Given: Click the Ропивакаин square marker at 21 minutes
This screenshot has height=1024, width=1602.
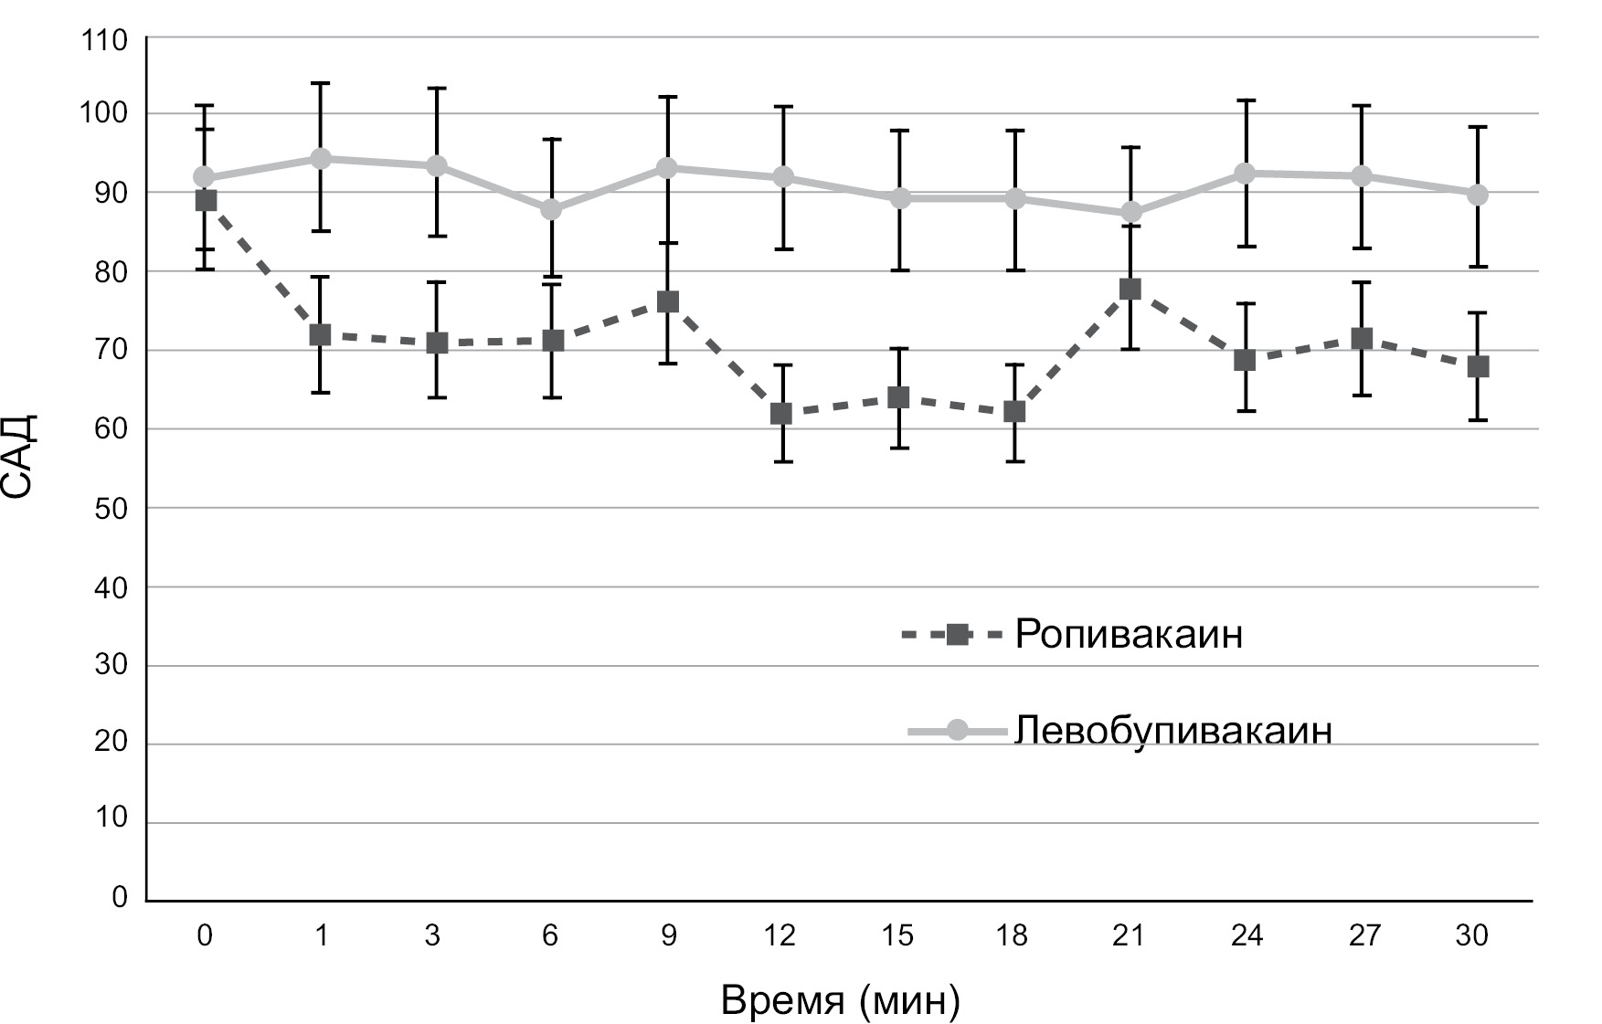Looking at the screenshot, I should [1130, 290].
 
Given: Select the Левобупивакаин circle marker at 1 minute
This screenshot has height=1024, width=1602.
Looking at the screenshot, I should [321, 158].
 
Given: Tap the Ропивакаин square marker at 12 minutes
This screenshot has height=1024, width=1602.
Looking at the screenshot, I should [782, 414].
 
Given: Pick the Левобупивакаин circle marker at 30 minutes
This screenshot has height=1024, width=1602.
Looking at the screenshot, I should [1477, 195].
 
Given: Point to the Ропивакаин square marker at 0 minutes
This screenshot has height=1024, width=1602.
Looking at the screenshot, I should [206, 200].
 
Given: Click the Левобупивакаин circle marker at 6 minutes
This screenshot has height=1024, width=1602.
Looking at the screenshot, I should [551, 209].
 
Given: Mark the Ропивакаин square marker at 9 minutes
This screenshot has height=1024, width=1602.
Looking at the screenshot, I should [667, 302].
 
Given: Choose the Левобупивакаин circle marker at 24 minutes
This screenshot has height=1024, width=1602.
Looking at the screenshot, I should [1245, 173].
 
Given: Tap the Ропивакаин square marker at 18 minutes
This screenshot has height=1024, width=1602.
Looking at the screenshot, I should [1014, 412].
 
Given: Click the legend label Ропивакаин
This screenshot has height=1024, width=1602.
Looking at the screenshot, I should [1129, 634].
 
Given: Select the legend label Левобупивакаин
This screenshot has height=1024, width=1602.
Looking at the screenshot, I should [1173, 731].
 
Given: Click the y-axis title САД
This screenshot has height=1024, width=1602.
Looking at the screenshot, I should [20, 456].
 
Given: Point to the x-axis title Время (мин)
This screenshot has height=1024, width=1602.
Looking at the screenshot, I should [840, 1000].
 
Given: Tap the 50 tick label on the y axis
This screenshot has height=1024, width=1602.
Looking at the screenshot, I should [111, 508].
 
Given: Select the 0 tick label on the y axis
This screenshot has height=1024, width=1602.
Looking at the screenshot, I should [120, 898].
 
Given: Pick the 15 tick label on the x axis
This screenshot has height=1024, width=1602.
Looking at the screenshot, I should [899, 936].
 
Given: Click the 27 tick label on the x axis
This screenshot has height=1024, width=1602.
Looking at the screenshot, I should [1363, 936].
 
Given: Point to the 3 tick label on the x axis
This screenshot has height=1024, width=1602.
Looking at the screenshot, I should [432, 936].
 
